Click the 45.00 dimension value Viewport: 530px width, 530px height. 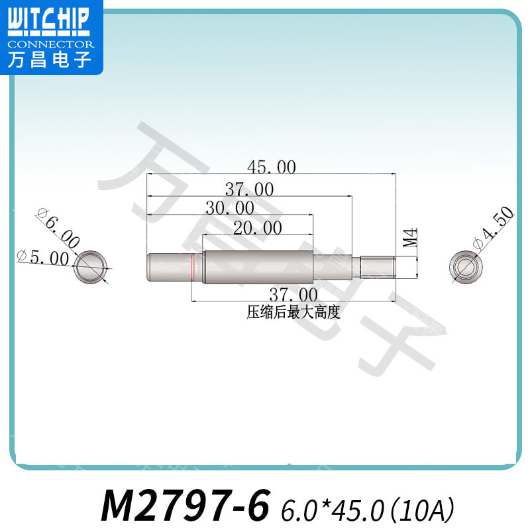point(271,168)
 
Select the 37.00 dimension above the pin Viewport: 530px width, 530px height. point(249,189)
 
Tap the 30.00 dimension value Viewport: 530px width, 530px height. point(229,209)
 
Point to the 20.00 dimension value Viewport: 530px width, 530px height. point(258,229)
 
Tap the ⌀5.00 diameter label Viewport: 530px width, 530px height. point(41,257)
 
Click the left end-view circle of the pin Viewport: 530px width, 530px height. point(91,267)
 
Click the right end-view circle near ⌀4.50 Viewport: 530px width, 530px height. point(462,267)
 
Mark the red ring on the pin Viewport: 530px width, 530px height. point(192,267)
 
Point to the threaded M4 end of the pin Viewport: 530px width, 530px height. point(378,267)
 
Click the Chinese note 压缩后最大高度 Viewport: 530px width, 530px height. point(293,312)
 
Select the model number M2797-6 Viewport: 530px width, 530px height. point(185,507)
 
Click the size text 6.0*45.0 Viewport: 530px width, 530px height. point(333,509)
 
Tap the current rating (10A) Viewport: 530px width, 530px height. point(422,509)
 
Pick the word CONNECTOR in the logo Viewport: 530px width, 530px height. point(50,44)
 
